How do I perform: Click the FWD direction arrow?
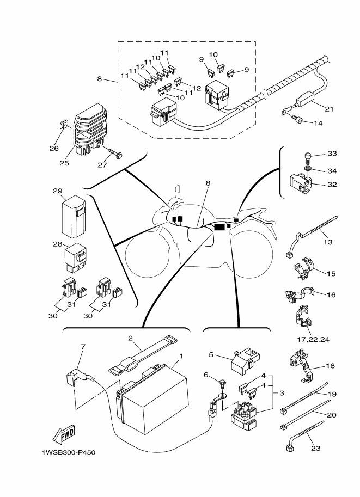click(x=64, y=435)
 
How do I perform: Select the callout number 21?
click(x=328, y=109)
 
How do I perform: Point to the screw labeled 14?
click(x=297, y=119)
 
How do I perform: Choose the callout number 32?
click(x=332, y=184)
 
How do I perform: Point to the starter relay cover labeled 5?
click(x=241, y=360)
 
